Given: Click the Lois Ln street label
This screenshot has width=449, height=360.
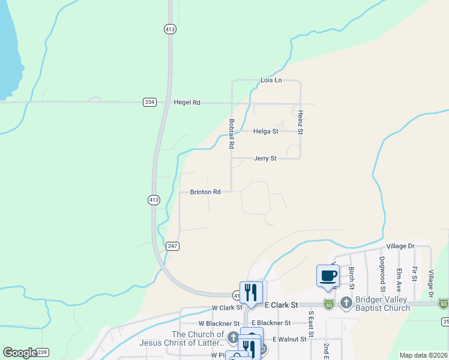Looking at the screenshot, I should pos(271,80).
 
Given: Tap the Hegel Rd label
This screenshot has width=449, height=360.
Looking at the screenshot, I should pos(187,103).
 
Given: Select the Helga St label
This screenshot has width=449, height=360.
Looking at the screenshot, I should pos(266,131).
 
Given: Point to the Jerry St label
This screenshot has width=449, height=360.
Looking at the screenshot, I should pos(265,158).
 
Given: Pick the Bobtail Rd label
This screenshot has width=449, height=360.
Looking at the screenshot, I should pos(231,133).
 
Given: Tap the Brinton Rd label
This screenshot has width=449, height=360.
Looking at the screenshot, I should pos(205,192).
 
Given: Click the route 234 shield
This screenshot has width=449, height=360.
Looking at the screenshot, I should pos(149,103).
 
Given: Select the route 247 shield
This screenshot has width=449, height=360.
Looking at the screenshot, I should pos(173,246).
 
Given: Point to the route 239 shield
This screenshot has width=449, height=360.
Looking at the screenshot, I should pos(42,352).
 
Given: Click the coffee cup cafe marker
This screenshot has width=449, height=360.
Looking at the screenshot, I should pos(328,276).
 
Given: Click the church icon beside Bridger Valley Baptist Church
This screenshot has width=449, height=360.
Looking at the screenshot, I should pos(346,303).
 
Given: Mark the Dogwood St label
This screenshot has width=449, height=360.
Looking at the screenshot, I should pos(382,270).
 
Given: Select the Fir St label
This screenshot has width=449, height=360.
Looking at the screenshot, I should pos(414,274).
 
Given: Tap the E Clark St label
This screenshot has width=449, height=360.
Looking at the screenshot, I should pos(281,305).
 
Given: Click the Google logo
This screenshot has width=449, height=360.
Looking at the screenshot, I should pos(20,353).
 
